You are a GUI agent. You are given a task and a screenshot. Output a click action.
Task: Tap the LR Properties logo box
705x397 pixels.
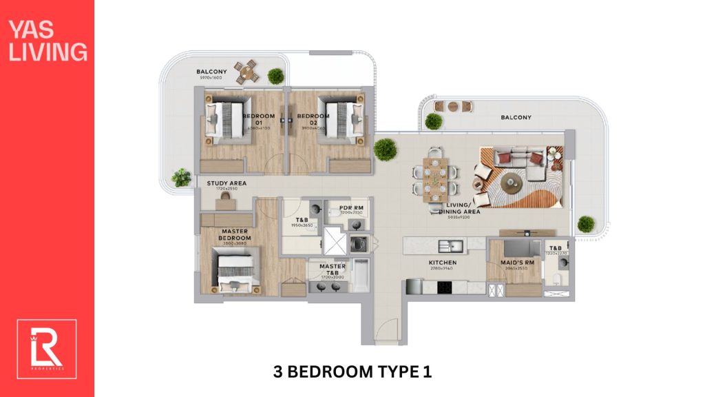[47, 349]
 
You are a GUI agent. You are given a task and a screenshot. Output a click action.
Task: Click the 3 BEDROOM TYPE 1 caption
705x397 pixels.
[352, 372]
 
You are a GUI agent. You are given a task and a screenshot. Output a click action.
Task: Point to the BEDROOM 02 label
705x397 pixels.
[313, 119]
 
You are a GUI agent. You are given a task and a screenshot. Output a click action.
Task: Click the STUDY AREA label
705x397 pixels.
[227, 183]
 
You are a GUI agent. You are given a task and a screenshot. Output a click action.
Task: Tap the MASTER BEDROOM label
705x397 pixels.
[235, 235]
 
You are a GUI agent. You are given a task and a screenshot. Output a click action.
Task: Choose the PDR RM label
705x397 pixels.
[350, 207]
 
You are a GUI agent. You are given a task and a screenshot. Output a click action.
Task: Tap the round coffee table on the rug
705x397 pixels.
[511, 181]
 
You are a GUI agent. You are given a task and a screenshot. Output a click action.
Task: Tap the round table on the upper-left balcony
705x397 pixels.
[246, 70]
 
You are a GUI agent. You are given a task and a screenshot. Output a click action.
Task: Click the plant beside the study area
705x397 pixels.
[181, 177]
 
